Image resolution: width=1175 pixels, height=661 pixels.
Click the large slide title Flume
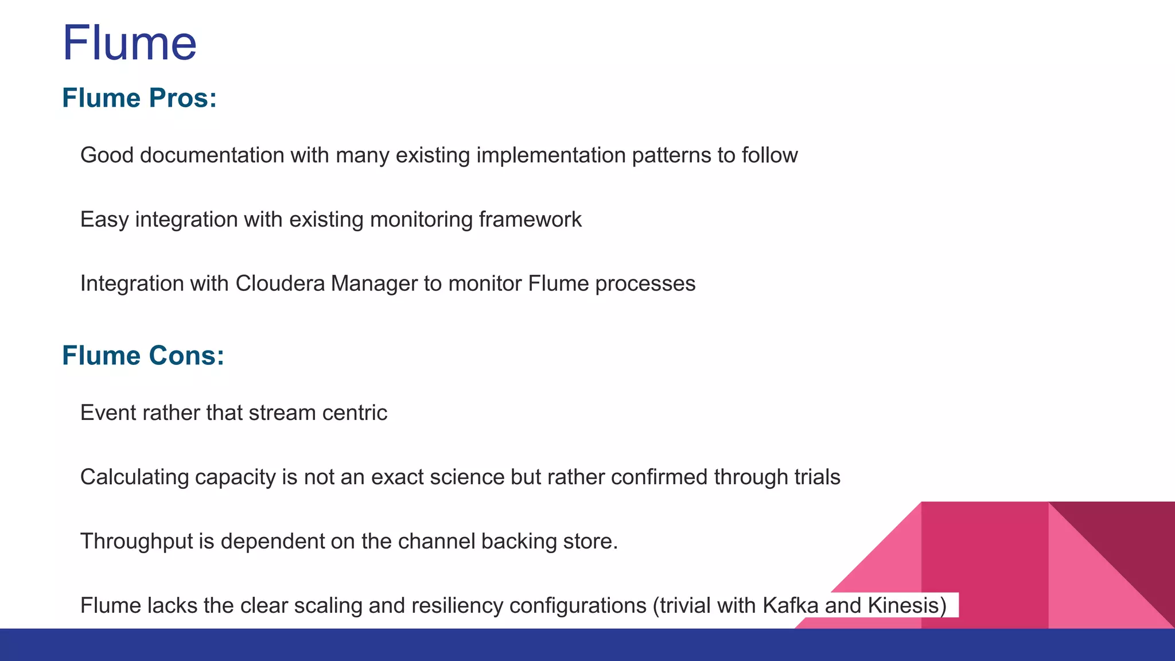[129, 43]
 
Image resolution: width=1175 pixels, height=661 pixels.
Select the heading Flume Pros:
[139, 98]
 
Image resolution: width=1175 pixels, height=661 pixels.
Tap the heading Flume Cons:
[143, 356]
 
